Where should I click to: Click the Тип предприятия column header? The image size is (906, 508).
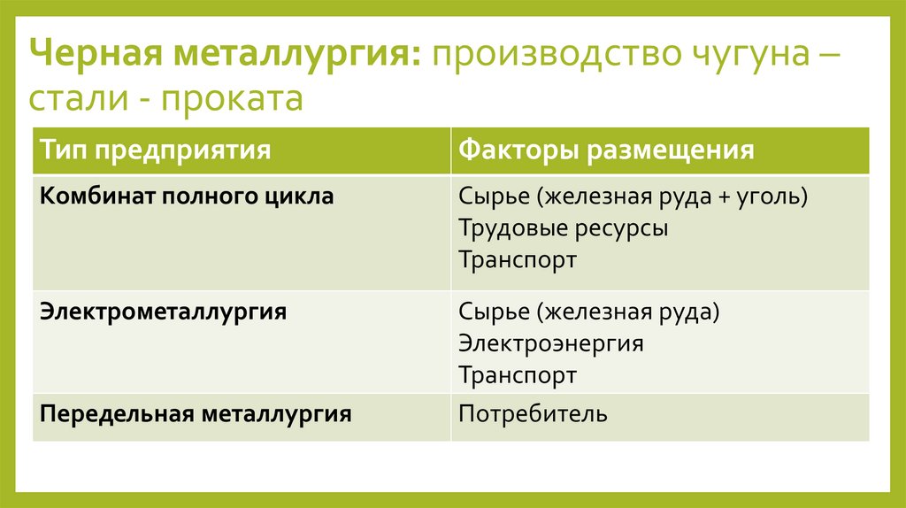point(155,150)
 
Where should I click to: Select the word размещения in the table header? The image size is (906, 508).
point(670,150)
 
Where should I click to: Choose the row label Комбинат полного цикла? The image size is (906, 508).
point(187,196)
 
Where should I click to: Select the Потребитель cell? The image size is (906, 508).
point(533,413)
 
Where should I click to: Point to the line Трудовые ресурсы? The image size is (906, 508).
point(564,228)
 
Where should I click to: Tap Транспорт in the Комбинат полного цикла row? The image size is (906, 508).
point(518,260)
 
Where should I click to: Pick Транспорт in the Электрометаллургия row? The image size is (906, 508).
point(518,375)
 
